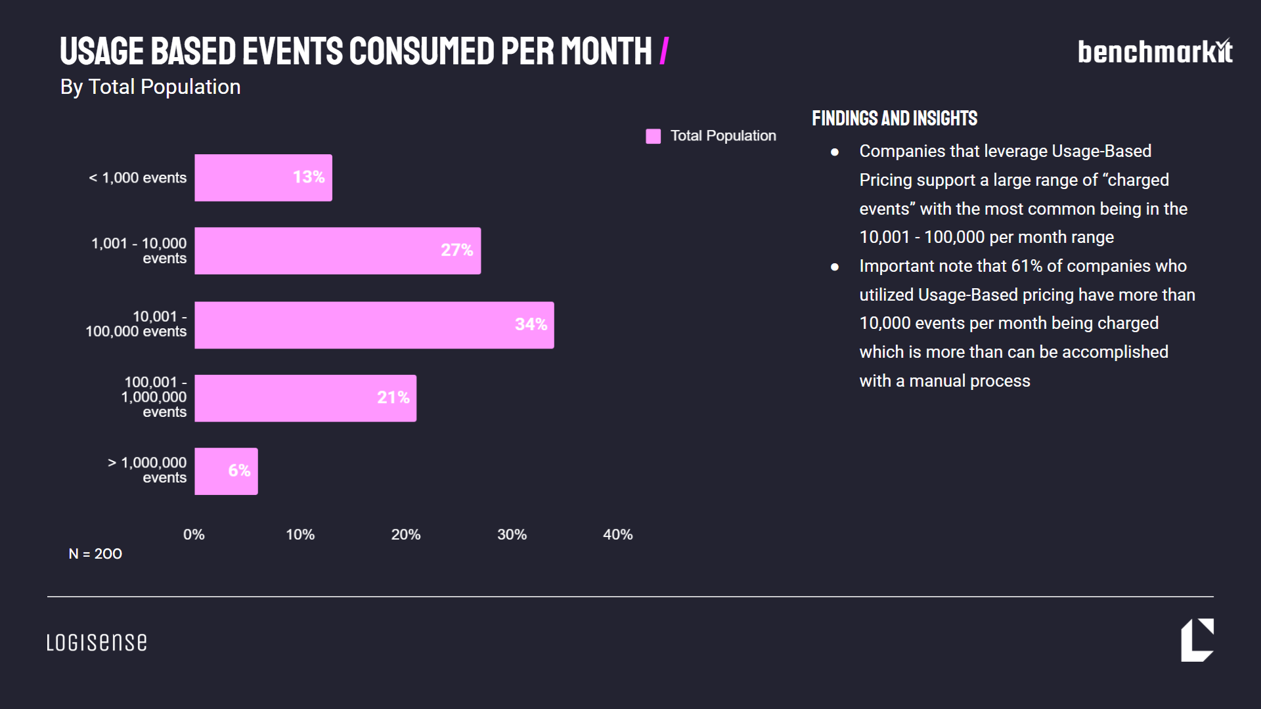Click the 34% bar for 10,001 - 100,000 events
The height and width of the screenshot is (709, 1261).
click(x=374, y=325)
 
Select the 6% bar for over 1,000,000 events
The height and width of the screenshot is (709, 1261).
click(x=226, y=471)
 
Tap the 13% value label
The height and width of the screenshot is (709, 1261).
click(x=309, y=177)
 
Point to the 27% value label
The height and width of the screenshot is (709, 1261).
click(x=456, y=250)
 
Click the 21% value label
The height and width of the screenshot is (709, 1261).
click(x=393, y=398)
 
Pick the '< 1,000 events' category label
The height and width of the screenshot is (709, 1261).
click(x=138, y=178)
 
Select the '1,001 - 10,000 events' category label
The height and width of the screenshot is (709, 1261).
click(x=139, y=251)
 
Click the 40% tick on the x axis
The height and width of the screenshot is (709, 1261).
click(x=617, y=535)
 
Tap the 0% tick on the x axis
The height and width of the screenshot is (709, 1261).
click(x=194, y=535)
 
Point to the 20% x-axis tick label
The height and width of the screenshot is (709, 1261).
click(x=406, y=535)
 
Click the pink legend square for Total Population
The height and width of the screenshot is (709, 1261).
click(x=653, y=136)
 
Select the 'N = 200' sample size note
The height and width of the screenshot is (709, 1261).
click(x=95, y=554)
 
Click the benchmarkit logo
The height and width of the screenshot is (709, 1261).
click(x=1155, y=52)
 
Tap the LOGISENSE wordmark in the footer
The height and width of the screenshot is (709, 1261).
click(x=97, y=642)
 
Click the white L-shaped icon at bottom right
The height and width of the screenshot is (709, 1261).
click(x=1197, y=640)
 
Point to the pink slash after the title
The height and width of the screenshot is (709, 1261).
click(x=664, y=51)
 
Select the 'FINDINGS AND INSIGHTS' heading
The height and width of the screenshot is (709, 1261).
click(x=895, y=118)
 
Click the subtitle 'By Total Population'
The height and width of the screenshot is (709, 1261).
click(x=150, y=87)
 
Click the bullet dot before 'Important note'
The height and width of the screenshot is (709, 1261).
click(x=835, y=267)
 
